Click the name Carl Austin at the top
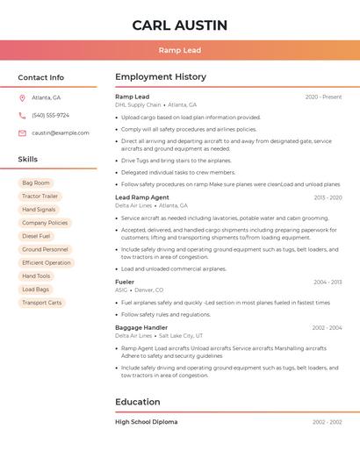[180, 25]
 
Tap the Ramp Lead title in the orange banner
[180, 50]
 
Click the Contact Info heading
[41, 77]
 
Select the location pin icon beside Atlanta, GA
[22, 97]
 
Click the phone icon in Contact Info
[22, 115]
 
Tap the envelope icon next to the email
[22, 132]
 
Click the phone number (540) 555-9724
[50, 115]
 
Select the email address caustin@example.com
[61, 132]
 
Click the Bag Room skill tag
[36, 182]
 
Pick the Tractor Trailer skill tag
[40, 196]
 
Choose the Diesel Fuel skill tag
[36, 236]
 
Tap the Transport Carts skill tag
[42, 302]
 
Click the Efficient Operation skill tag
[47, 262]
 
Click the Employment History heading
[161, 77]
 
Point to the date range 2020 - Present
[323, 97]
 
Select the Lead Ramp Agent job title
[142, 197]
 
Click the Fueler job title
[125, 282]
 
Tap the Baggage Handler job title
[141, 327]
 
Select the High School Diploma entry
[146, 422]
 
